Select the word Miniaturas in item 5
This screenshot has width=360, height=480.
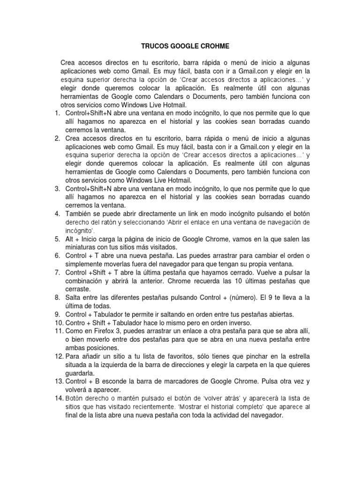[x=82, y=247]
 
